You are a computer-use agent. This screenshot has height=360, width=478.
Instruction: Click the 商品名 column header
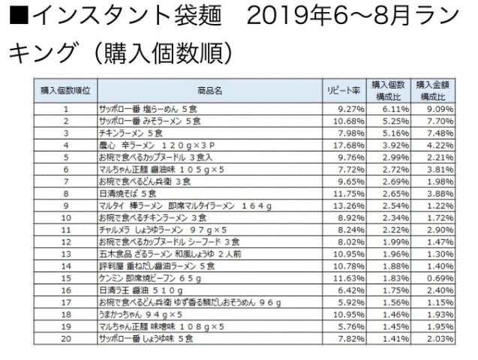pyautogui.click(x=211, y=90)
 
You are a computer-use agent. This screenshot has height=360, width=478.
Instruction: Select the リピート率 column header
pyautogui.click(x=344, y=90)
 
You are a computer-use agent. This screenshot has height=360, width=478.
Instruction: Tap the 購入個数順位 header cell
pyautogui.click(x=66, y=90)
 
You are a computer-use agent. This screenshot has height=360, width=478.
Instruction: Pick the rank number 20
pyautogui.click(x=66, y=338)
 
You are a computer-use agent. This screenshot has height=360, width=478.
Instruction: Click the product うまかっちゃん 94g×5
pyautogui.click(x=140, y=314)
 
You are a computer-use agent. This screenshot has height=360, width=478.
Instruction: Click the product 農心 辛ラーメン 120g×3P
pyautogui.click(x=157, y=145)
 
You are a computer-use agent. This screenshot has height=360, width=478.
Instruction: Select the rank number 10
pyautogui.click(x=66, y=217)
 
